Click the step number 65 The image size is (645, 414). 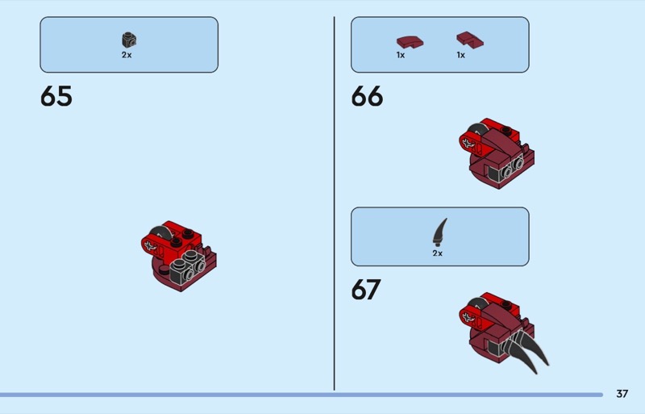pos(56,96)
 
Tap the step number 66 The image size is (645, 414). pos(367,96)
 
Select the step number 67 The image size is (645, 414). pos(366,290)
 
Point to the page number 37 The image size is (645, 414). pos(622,394)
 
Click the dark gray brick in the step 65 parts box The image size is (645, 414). pos(129,40)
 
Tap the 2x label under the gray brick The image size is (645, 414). pos(127,55)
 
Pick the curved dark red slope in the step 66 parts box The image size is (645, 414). pos(410,42)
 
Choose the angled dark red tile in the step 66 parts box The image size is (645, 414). pos(470,40)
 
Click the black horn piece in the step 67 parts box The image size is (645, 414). pos(439,232)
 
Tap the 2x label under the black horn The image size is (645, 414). pos(438,253)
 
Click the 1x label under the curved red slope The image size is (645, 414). pos(401,55)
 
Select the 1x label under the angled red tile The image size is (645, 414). pos(460,55)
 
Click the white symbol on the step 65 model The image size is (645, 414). pos(149,246)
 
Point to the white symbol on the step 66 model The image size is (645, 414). pos(468,144)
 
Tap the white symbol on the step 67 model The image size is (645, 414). pos(468,318)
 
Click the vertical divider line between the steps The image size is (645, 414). pos(334,203)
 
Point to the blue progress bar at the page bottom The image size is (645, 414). pos(301,395)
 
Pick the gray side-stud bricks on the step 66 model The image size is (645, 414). pos(509,169)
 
